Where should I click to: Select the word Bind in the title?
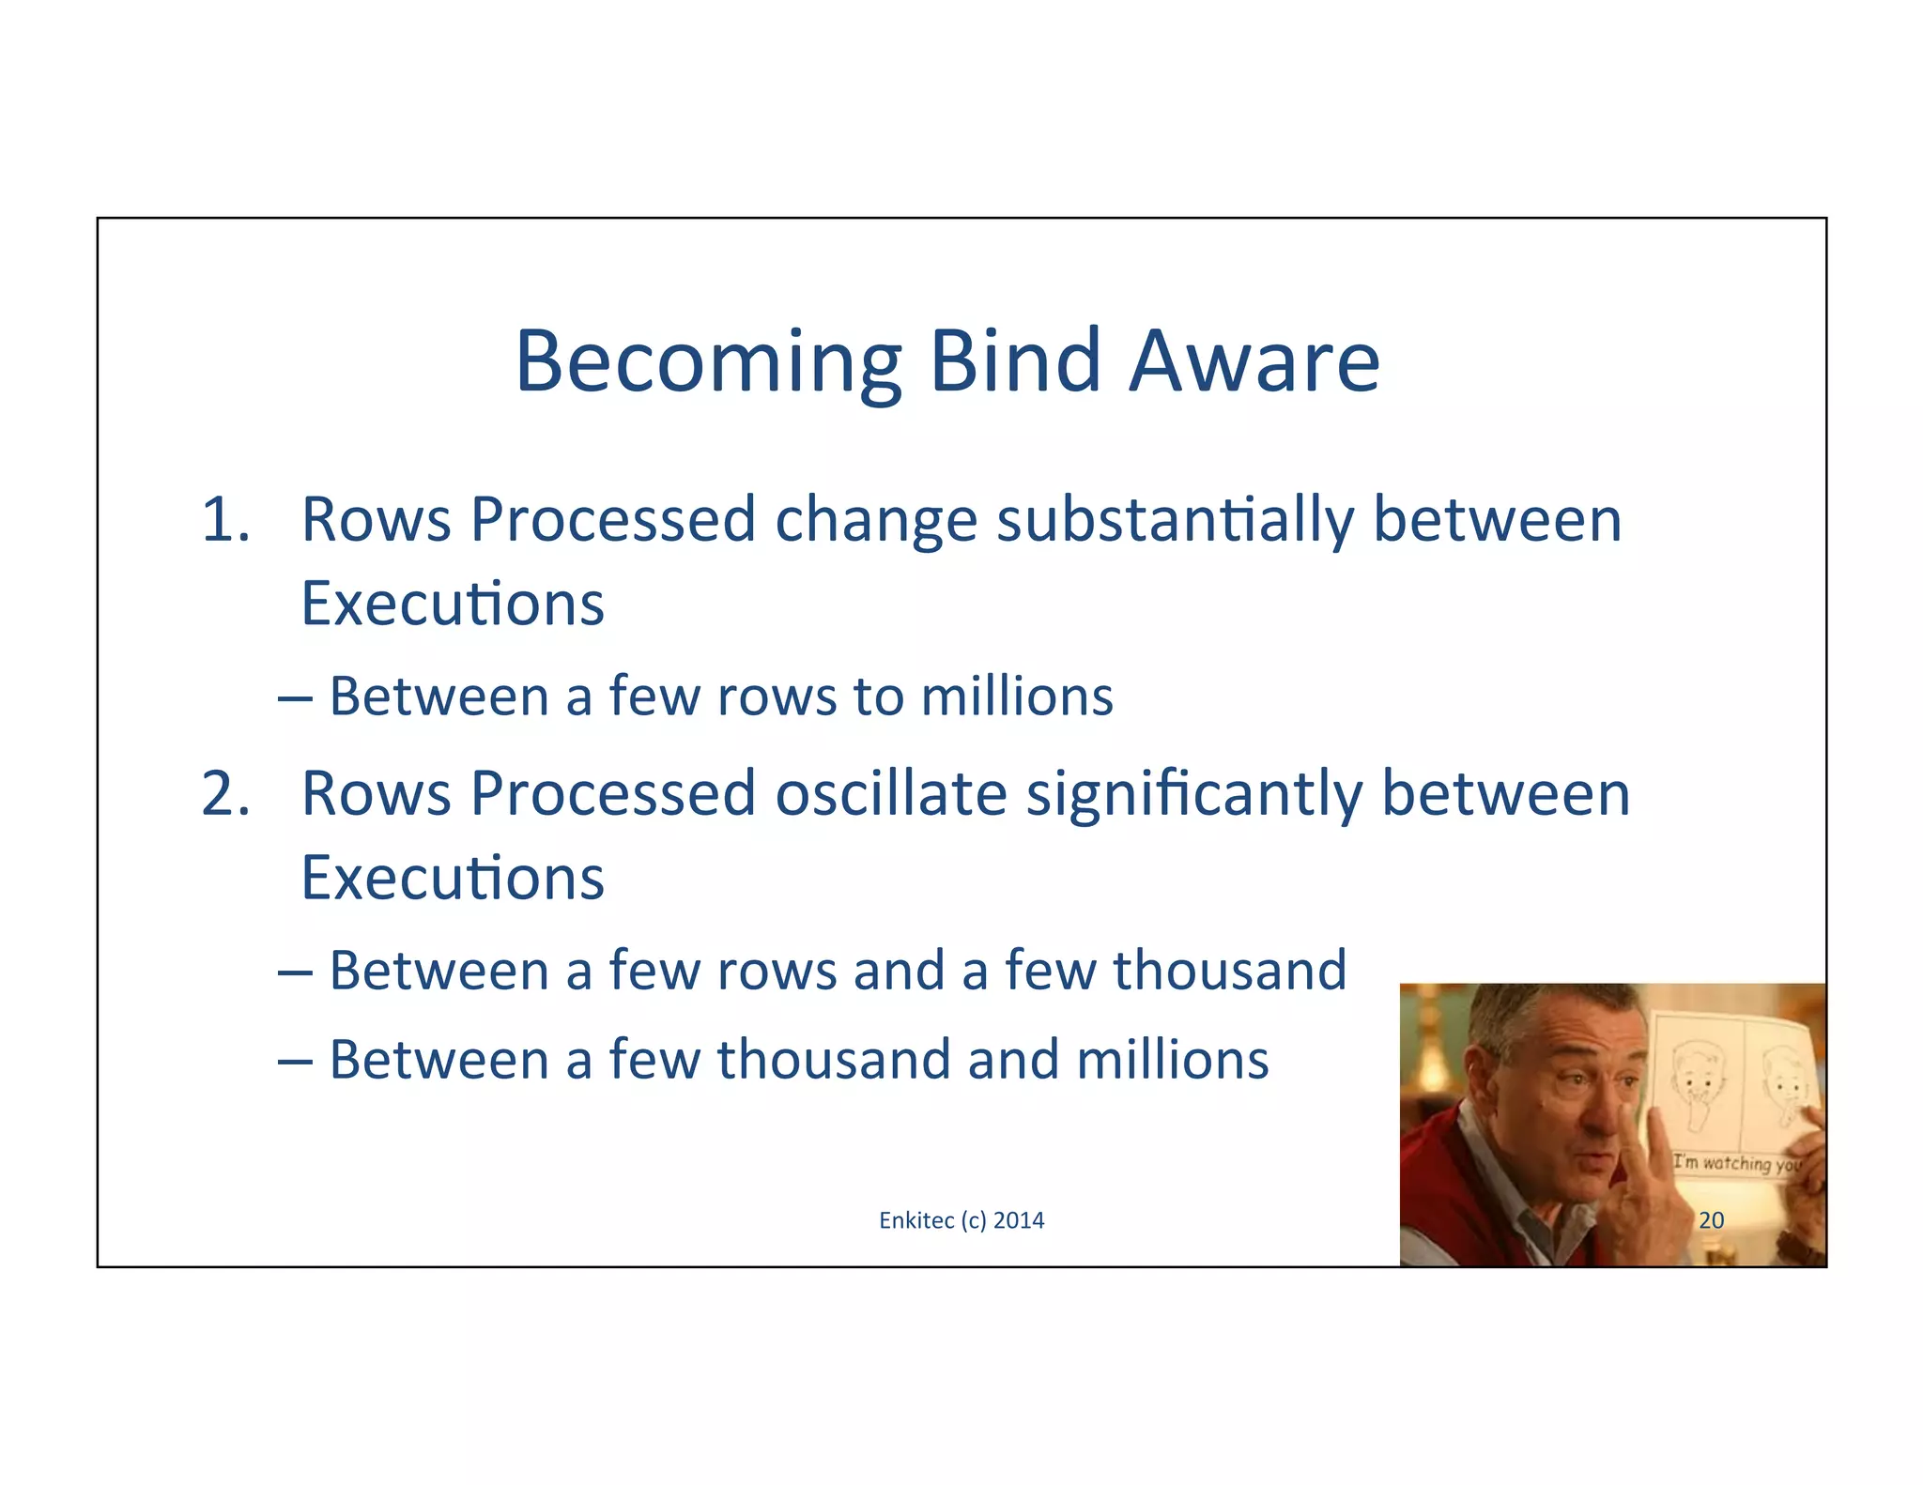click(x=1014, y=361)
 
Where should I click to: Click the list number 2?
click(x=225, y=794)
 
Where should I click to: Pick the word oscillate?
click(x=891, y=794)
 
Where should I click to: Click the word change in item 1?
click(x=875, y=521)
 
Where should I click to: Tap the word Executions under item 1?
click(x=452, y=604)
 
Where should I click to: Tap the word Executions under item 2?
click(x=452, y=879)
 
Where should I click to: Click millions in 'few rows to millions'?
click(x=1016, y=697)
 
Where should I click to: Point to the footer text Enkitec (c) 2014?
click(x=961, y=1220)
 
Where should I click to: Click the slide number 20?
click(x=1711, y=1220)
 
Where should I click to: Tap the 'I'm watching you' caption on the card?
click(x=1737, y=1164)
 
